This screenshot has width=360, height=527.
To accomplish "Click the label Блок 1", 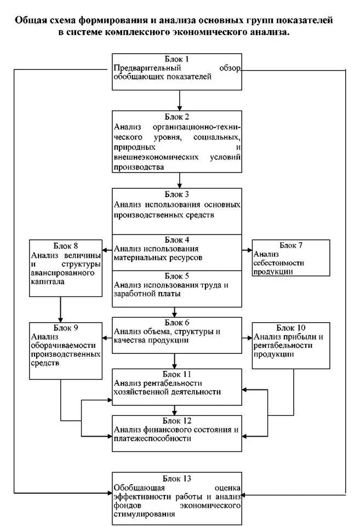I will (x=178, y=59).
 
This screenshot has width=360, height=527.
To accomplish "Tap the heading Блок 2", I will (x=178, y=117).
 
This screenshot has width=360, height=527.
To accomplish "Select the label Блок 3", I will (x=178, y=194).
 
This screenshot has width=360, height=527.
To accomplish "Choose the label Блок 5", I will (x=178, y=276).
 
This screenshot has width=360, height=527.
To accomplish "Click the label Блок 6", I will (x=178, y=323).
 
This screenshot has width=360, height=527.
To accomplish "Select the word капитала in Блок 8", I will (x=48, y=283).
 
